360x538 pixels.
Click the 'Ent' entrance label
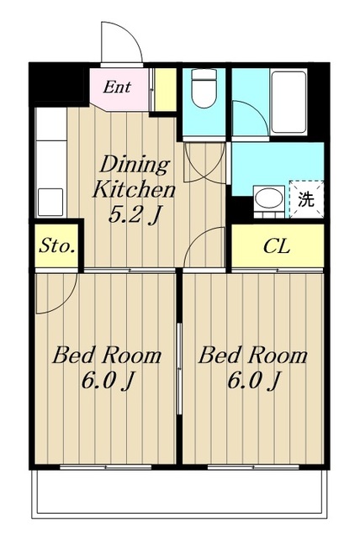point(117,87)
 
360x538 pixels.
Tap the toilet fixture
point(204,87)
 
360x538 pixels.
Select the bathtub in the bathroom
point(289,102)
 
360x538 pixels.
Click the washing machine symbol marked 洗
point(306,198)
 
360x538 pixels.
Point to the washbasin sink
point(269,198)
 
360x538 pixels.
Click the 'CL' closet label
point(277,246)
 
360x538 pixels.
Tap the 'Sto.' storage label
point(57,246)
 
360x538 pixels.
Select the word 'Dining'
point(135,165)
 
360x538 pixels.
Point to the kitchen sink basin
point(50,202)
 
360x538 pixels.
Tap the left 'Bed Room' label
point(107,356)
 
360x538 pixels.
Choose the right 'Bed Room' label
point(253,356)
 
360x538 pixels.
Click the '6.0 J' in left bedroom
point(107,381)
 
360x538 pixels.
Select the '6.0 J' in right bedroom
point(253,381)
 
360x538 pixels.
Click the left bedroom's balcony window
point(106,467)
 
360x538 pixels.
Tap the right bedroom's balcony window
point(254,467)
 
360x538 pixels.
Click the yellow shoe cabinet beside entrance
point(165,89)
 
